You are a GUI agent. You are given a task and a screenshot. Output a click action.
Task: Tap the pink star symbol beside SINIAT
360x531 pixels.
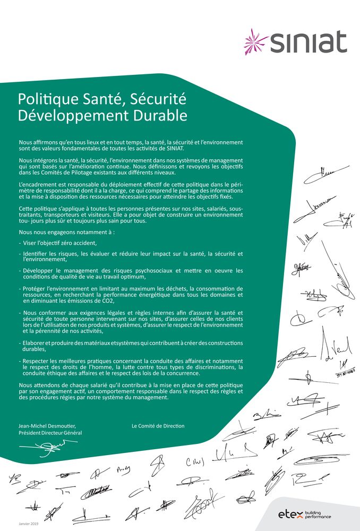[x=255, y=41]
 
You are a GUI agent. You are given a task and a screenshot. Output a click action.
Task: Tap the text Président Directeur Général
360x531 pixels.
[x=50, y=433]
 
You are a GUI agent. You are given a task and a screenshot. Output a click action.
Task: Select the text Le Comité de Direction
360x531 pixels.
[x=158, y=426]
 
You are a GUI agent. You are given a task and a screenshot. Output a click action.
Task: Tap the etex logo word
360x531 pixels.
[x=290, y=514]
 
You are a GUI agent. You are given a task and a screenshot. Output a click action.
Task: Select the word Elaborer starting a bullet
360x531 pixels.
[x=36, y=343]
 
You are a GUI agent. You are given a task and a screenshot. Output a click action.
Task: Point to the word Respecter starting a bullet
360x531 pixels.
[x=39, y=361]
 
